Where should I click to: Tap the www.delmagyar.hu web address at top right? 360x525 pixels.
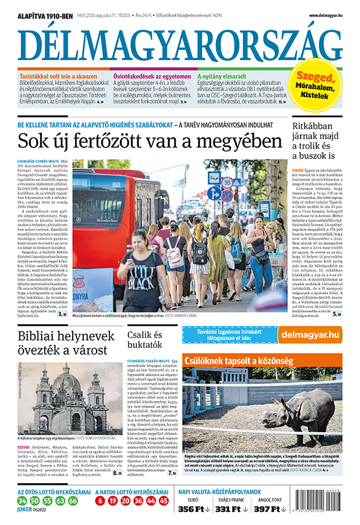click(326, 15)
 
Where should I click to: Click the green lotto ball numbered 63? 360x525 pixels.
click(60, 501)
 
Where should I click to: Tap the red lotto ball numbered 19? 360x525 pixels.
click(112, 501)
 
